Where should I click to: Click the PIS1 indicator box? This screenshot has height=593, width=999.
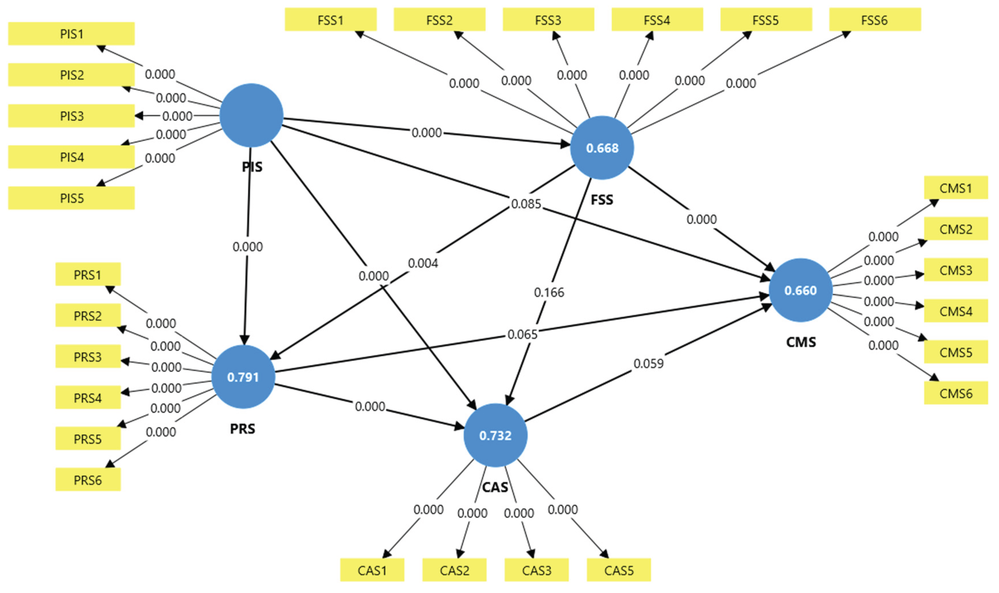pyautogui.click(x=71, y=34)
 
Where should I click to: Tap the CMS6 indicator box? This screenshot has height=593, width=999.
pyautogui.click(x=955, y=394)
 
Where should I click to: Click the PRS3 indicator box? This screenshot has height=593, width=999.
pyautogui.click(x=87, y=356)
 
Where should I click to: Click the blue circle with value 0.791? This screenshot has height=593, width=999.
pyautogui.click(x=243, y=377)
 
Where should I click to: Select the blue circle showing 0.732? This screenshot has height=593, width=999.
pyautogui.click(x=495, y=435)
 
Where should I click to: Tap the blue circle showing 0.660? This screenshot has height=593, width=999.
pyautogui.click(x=800, y=290)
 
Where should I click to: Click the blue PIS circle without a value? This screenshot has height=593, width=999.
pyautogui.click(x=251, y=115)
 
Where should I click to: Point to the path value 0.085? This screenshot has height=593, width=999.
pyautogui.click(x=526, y=204)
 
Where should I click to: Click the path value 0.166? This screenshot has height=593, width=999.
pyautogui.click(x=549, y=293)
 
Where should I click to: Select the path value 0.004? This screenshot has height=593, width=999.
pyautogui.click(x=423, y=263)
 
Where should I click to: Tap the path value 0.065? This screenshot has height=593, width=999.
pyautogui.click(x=522, y=334)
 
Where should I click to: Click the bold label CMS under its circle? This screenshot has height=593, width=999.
pyautogui.click(x=801, y=342)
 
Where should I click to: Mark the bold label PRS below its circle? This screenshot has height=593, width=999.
pyautogui.click(x=242, y=429)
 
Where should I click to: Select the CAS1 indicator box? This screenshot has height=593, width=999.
pyautogui.click(x=372, y=570)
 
